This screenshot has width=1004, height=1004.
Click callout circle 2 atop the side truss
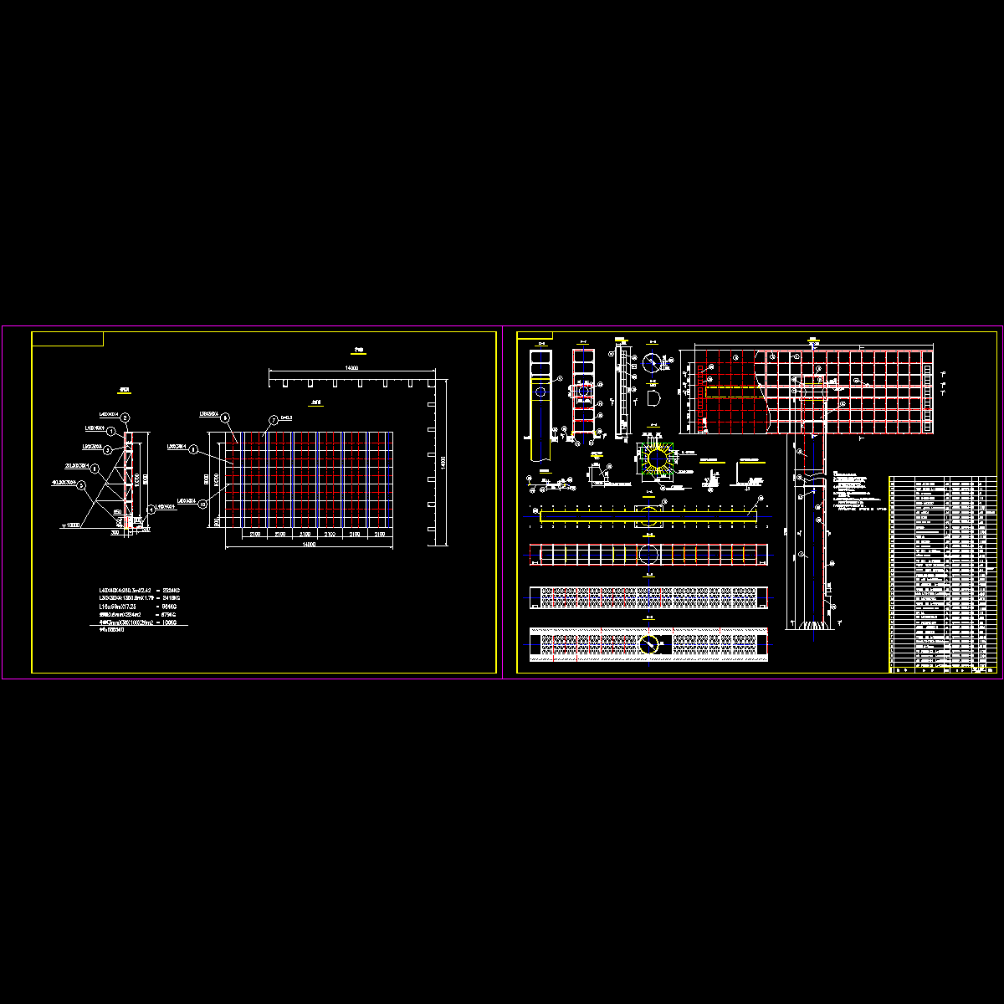(125, 417)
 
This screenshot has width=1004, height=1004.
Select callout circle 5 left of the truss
(81, 484)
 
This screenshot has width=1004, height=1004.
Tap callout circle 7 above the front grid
(272, 420)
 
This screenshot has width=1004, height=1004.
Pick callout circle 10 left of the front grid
(202, 504)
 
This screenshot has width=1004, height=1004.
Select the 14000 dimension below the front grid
(309, 545)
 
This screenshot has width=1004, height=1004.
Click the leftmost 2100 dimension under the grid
(254, 533)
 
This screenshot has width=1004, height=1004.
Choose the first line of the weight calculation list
(139, 591)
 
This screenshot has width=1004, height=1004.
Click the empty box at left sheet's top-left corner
(67, 338)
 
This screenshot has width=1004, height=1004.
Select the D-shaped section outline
(654, 396)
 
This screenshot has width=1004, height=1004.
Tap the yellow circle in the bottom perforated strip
(648, 644)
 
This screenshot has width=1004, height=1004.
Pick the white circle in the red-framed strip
(648, 554)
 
